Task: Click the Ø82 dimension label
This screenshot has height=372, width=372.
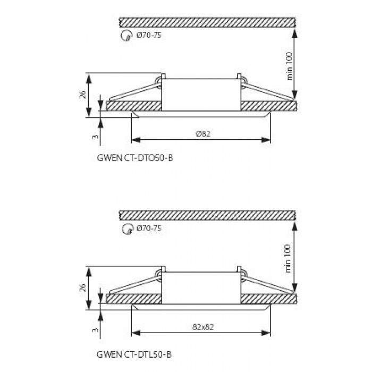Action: [x=203, y=134]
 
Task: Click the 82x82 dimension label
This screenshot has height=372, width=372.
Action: [x=203, y=327]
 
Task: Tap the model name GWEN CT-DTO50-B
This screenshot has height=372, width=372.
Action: [x=135, y=158]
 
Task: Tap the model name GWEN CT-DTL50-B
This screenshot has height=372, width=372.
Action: [x=134, y=354]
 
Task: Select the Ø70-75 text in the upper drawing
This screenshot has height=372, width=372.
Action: [x=149, y=36]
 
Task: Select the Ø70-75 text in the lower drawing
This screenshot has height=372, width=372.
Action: [x=149, y=229]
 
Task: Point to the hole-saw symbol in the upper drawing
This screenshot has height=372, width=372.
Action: [x=126, y=36]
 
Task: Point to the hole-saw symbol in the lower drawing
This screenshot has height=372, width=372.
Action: [x=127, y=229]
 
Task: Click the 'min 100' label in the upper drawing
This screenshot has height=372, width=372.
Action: [x=290, y=66]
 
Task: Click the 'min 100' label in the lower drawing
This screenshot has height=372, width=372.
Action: [x=288, y=259]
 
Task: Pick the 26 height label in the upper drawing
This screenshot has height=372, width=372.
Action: [x=83, y=95]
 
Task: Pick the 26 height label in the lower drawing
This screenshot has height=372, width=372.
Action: [x=83, y=288]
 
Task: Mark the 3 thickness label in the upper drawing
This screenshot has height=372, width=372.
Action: [x=95, y=137]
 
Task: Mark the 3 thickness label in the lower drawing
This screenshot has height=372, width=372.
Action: [x=95, y=330]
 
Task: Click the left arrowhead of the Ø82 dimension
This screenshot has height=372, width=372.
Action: [x=136, y=140]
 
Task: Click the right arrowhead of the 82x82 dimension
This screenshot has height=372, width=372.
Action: [x=266, y=333]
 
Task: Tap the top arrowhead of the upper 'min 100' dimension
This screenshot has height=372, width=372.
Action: [x=294, y=33]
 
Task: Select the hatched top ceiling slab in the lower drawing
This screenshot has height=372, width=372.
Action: [x=207, y=216]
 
